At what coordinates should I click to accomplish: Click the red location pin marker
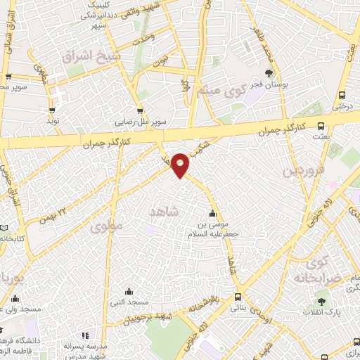[181, 165]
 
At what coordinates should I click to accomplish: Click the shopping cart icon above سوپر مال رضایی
[141, 110]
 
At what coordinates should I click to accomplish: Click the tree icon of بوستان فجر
[268, 72]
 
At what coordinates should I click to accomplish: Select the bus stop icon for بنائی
[238, 297]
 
